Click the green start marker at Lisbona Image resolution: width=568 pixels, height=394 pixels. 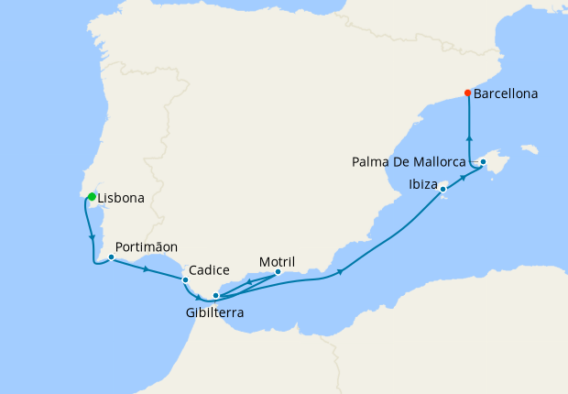tap(92, 195)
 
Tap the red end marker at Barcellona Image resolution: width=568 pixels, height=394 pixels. tap(468, 93)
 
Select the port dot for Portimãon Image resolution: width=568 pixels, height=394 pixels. tap(111, 257)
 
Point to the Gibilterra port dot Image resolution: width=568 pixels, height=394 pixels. tap(215, 295)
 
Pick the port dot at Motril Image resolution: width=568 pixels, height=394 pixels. tap(278, 270)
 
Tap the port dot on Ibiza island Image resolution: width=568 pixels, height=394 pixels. tap(443, 190)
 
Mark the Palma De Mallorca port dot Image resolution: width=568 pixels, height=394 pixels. tap(484, 162)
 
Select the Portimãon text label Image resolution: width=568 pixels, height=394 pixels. tap(147, 246)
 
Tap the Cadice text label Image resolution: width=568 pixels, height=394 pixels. tap(209, 270)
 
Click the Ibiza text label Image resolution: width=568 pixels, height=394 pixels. tap(423, 183)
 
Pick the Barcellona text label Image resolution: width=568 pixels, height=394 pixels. tap(506, 93)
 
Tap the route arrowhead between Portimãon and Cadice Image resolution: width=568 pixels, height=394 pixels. tap(147, 268)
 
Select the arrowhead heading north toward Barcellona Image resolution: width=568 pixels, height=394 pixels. tap(469, 137)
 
